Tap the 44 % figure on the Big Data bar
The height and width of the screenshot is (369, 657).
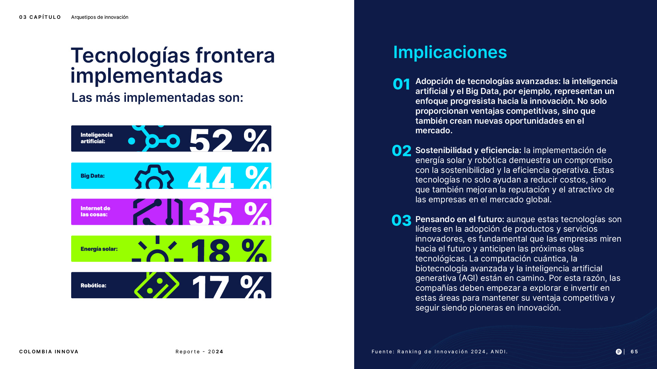[x=229, y=177]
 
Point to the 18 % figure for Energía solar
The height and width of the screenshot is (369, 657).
[x=229, y=249]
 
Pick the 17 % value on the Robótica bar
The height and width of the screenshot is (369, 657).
[x=229, y=286]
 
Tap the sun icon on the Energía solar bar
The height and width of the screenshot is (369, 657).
[x=157, y=251]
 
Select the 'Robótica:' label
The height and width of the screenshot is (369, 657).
[x=93, y=286]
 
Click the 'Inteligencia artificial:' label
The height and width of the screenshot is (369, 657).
[x=96, y=138]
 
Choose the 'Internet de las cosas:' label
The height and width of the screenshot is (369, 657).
[x=95, y=211]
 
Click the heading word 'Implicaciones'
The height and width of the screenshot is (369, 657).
[x=450, y=52]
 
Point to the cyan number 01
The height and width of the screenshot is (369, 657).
[x=401, y=84]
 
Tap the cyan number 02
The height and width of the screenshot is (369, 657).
[x=401, y=151]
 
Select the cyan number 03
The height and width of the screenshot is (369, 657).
[x=401, y=220]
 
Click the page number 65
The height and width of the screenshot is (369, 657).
[x=634, y=352]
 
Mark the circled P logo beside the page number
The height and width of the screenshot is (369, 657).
[x=619, y=352]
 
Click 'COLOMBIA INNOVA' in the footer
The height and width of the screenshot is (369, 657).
[x=49, y=352]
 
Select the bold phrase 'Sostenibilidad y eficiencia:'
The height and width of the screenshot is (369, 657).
[x=468, y=150]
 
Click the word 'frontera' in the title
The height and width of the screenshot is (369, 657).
[x=235, y=56]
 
